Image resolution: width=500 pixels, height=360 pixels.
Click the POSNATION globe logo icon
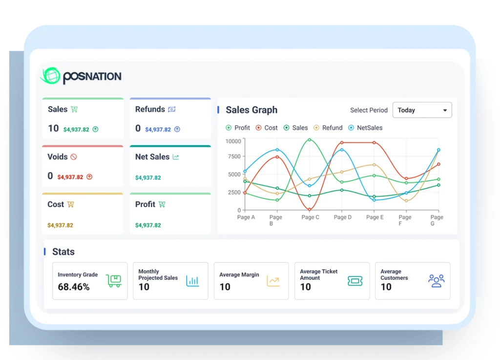coord(50,76)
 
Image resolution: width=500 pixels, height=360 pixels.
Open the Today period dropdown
coord(422,110)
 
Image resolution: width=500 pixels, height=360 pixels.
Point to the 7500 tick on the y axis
coord(233,157)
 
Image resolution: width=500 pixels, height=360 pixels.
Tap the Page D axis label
coord(342,217)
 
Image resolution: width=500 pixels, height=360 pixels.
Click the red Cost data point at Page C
coord(309,210)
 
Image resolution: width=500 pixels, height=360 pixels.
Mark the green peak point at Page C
coord(309,140)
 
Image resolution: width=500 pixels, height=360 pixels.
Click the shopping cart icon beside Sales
coord(74,109)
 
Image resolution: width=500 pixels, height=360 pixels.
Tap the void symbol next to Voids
coord(74,157)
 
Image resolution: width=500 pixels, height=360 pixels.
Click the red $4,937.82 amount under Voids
coord(70,177)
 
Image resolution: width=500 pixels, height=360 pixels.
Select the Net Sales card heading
coord(152,157)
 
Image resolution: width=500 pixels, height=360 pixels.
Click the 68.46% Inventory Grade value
coord(74,287)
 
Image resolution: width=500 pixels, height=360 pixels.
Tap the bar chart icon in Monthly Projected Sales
coord(192,281)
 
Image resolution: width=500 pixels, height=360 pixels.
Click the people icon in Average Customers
coord(436,280)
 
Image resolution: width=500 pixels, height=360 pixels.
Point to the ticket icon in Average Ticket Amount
coord(355,281)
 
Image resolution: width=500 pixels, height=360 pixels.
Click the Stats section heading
coord(63,252)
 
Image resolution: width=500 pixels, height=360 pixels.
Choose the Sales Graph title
coord(251,110)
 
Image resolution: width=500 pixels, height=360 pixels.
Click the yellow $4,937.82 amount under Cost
coord(60,226)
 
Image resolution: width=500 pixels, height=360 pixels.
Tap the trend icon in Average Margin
coord(273,281)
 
